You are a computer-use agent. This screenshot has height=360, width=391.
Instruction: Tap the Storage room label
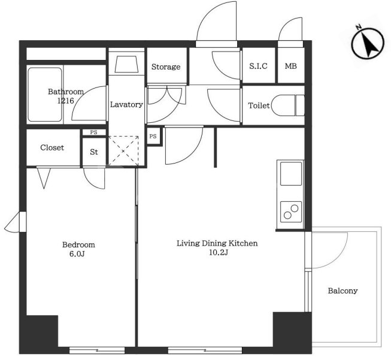[x=166, y=67]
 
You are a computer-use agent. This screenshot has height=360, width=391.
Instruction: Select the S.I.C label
[x=258, y=66]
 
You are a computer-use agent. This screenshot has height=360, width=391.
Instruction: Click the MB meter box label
[x=291, y=66]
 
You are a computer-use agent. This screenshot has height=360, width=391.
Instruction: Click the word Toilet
[x=259, y=105]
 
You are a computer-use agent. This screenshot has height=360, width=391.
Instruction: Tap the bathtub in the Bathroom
[x=45, y=95]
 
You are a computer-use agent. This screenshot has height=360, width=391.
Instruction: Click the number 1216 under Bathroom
[x=66, y=101]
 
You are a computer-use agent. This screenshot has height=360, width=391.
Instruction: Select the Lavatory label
[x=126, y=105]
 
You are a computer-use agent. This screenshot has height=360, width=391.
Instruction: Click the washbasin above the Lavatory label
[x=126, y=64]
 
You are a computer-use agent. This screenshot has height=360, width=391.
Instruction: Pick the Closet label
[x=52, y=147]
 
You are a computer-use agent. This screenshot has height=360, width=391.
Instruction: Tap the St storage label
[x=94, y=152]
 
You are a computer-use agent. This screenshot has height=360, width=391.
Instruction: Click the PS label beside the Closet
[x=93, y=132]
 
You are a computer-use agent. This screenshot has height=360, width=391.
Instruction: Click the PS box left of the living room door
[x=153, y=136]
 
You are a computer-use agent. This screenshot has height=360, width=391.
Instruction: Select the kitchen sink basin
[x=291, y=174]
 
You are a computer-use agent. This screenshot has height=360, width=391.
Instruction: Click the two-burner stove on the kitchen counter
[x=291, y=212]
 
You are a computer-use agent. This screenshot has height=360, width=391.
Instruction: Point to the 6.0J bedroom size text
[x=77, y=254]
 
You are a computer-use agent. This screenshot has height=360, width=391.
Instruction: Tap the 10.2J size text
[x=219, y=252]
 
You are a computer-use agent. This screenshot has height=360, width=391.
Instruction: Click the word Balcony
[x=342, y=291]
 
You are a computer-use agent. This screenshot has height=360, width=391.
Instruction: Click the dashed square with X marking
[x=124, y=151]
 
